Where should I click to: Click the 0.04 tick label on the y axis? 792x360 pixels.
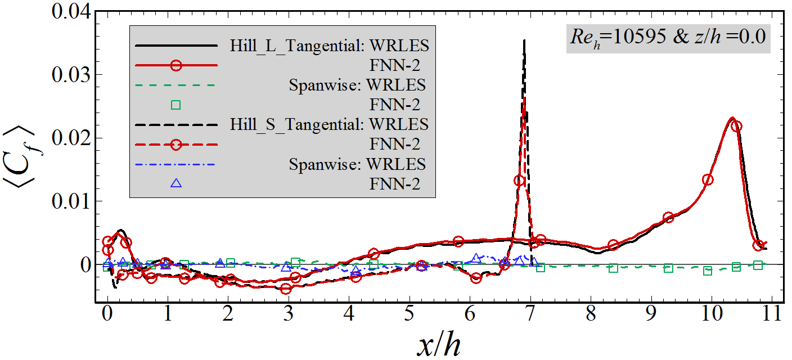[70, 11]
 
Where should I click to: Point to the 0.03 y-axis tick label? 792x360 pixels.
[70, 74]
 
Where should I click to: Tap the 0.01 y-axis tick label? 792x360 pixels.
[70, 201]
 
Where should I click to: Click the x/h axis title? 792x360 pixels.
[439, 344]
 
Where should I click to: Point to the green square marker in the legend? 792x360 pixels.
[175, 104]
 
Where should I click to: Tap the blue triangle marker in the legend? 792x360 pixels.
[175, 183]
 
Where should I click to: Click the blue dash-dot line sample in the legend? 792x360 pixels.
[175, 164]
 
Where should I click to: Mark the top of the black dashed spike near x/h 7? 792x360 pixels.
[524, 40]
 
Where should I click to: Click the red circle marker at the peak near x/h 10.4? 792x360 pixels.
[736, 126]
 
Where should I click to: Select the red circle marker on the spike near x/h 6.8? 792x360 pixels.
[519, 181]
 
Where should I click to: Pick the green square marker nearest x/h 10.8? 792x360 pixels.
[758, 265]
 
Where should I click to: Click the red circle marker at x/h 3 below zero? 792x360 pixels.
[286, 289]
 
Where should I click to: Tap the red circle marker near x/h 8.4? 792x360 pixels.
[613, 245]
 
